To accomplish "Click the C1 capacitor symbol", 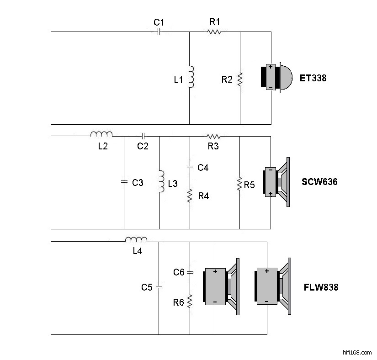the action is coord(159,32).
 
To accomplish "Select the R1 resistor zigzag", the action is coord(214,32).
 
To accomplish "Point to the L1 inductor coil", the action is coord(191,77).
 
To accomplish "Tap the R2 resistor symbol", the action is coord(240,79).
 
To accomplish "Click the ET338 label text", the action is coord(313,78).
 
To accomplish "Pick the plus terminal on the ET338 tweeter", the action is coord(271,67).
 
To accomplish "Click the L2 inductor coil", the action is coord(101,134).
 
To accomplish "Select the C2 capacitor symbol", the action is coord(143,136).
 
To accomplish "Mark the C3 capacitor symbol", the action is coord(124,182).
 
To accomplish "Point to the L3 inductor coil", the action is coord(161,181).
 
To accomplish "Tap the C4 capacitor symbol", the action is coord(190,167).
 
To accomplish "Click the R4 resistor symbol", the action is coord(190,196).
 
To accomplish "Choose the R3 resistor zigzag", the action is coord(213,137).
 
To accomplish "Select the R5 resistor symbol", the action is coord(239,184).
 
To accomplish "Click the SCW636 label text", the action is coord(319,182).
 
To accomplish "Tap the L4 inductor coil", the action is coord(136,239).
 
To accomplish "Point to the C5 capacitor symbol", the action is coord(159,287).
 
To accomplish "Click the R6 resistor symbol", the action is coord(190,302).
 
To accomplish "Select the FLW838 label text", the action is coord(321,287).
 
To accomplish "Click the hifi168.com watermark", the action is coord(357,352).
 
